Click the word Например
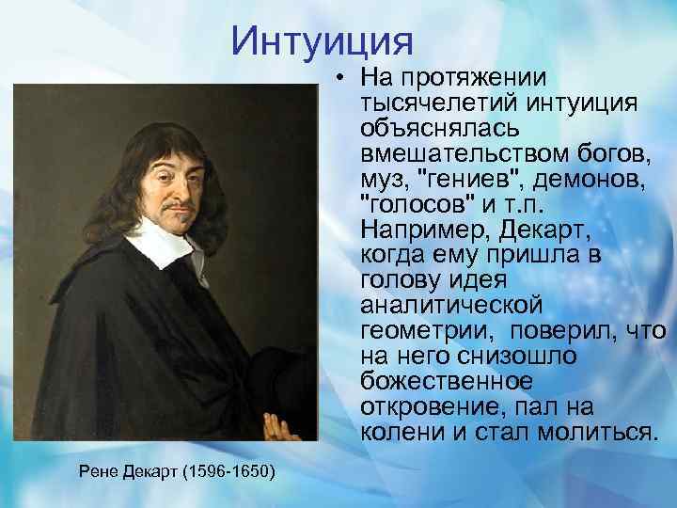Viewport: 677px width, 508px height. (x=417, y=230)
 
